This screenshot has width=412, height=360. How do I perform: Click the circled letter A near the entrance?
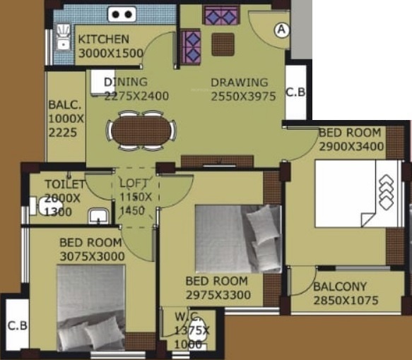[x=282, y=30]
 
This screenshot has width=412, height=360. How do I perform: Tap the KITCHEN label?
[x=103, y=40]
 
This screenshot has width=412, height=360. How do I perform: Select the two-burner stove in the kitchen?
[x=121, y=13]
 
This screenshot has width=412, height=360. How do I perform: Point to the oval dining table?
[x=141, y=131]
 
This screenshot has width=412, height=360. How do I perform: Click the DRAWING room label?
[x=240, y=83]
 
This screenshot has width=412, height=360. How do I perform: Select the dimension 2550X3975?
[x=243, y=97]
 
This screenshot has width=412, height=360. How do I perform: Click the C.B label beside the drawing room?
[x=295, y=92]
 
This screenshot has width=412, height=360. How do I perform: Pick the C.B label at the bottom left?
[x=17, y=326]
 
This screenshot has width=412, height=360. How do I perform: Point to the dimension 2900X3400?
[x=351, y=147]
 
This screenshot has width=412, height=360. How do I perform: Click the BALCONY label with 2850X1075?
[x=340, y=287]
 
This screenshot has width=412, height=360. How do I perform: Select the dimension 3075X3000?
[x=90, y=256]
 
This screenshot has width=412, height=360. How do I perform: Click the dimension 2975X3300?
[x=218, y=293]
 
